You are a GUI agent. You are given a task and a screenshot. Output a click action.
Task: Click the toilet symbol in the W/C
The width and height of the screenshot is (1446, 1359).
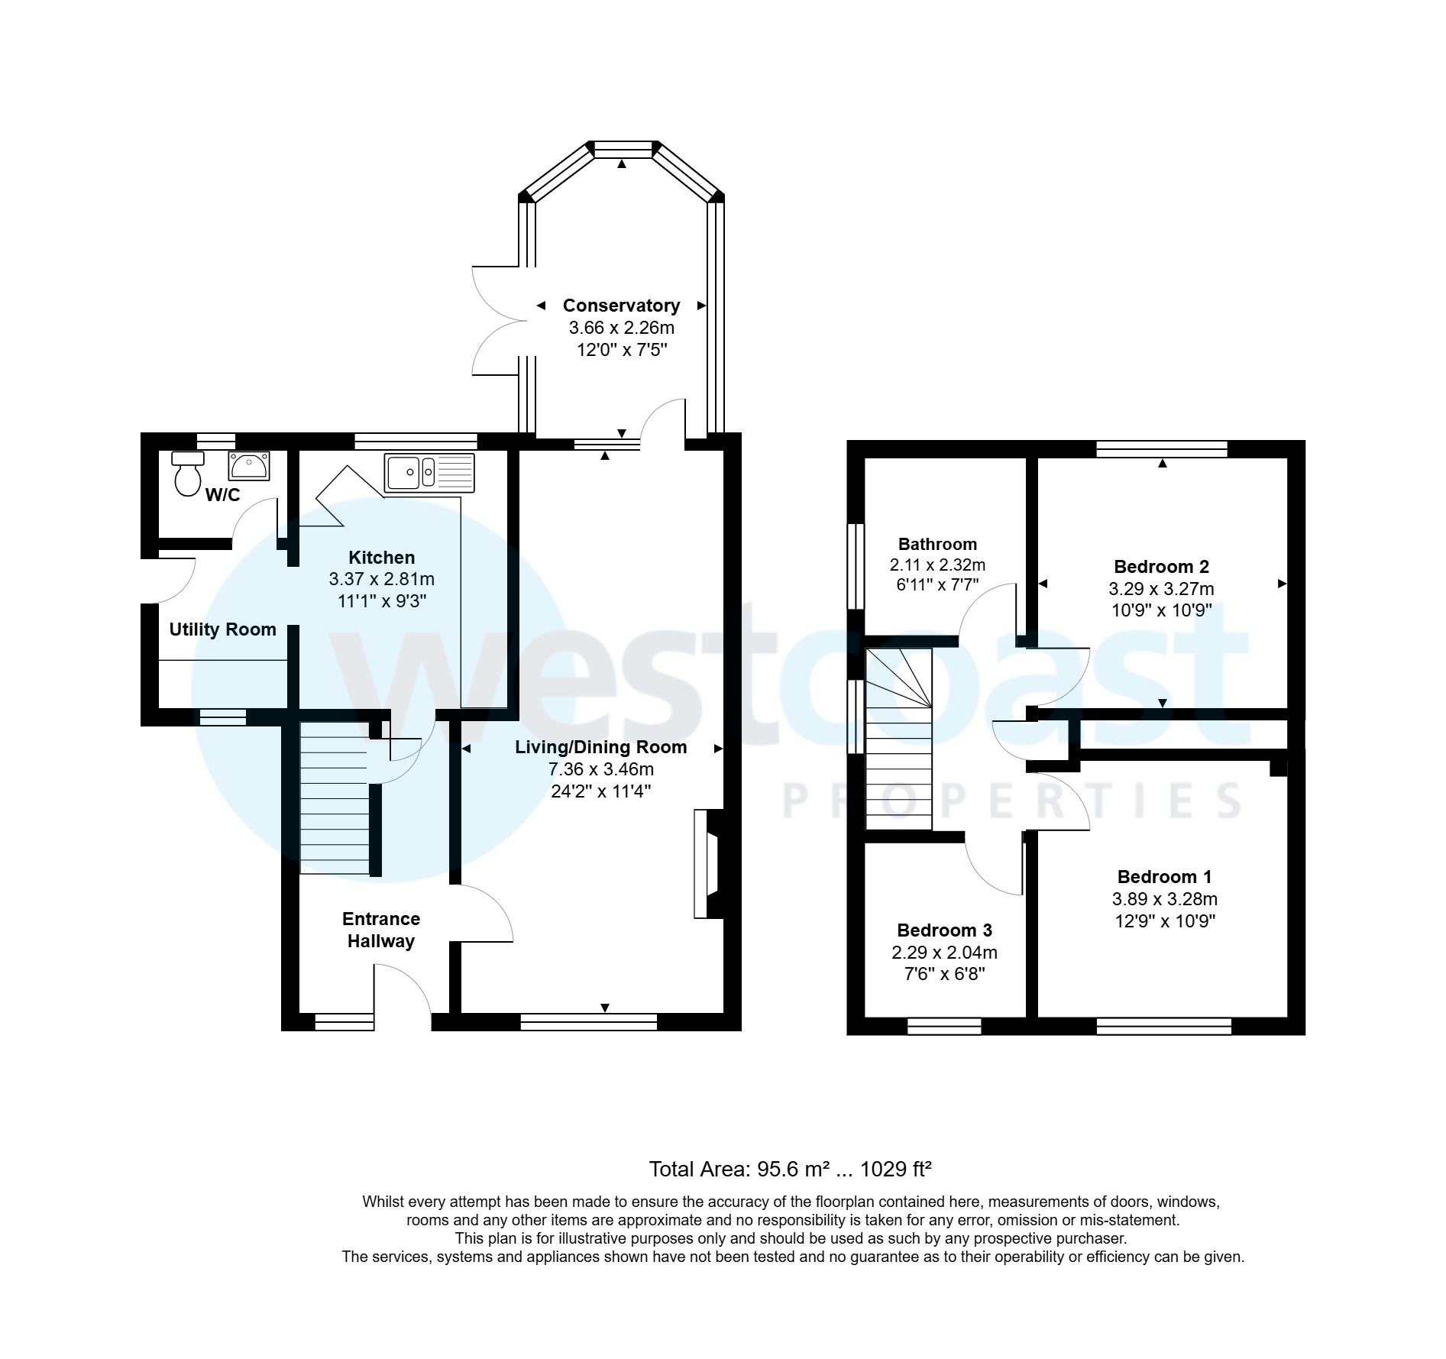pos(187,474)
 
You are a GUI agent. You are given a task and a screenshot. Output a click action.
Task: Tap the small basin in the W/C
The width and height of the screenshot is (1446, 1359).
pos(249,466)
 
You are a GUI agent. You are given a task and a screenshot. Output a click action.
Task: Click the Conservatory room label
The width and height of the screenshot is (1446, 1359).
pos(621,306)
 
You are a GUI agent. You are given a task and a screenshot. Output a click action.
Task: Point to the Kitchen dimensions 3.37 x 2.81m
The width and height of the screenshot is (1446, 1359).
pos(381,580)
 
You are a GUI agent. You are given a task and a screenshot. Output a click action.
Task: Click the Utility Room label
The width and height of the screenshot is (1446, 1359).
pos(222,629)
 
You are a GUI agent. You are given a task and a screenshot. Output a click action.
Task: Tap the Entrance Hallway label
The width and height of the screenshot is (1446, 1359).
pos(381,930)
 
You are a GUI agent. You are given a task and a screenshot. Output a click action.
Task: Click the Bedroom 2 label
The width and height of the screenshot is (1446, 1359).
pos(1161,567)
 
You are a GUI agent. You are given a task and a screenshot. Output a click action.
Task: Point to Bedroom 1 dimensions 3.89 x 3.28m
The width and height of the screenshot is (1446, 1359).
pos(1164,899)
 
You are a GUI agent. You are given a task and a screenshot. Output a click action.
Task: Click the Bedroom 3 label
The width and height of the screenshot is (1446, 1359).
pos(944,930)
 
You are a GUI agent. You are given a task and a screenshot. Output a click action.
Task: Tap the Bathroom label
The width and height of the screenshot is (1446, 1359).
pos(937,545)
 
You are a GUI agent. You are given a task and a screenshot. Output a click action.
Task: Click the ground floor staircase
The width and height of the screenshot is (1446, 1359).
pos(335,798)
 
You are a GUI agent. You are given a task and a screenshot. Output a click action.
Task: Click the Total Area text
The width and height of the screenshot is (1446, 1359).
pos(790,1169)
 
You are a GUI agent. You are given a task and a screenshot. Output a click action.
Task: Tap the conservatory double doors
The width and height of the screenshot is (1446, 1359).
pos(497,321)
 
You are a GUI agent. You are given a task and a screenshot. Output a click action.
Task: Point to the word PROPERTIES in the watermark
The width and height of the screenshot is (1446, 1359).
pos(1012,801)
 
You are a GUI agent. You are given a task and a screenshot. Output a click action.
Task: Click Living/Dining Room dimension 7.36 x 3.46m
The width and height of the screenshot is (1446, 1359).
pos(600,769)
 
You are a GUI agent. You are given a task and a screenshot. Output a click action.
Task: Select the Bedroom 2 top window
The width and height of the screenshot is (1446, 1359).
pos(1161,449)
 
